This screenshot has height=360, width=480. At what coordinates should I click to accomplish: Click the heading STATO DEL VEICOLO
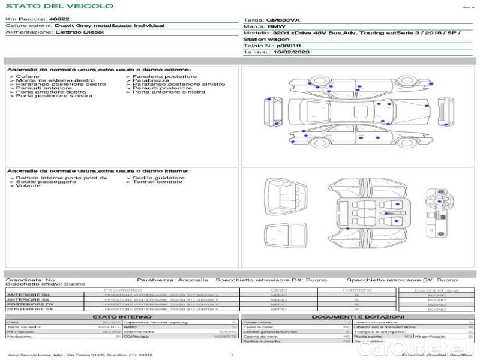59,6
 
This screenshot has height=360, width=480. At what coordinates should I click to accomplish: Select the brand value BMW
276,27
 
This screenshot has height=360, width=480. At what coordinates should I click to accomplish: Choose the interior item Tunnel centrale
157,182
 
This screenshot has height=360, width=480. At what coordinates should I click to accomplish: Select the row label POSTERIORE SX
31,310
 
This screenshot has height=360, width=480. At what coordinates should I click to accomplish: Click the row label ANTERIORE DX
29,295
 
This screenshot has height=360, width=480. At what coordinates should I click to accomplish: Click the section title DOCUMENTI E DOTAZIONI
358,316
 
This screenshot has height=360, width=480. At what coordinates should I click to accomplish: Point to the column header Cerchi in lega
436,290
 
